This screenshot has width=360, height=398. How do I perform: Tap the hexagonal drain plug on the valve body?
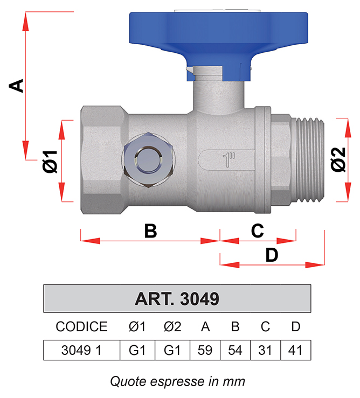coord(149,160)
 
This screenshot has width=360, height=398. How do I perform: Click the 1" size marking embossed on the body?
coord(229,160)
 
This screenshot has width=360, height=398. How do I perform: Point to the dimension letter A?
coord(16,86)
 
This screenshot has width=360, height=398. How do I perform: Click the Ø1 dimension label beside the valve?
coord(50,162)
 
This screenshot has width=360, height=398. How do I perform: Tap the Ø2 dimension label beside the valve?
coord(338,159)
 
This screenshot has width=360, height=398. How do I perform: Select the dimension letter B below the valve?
coord(150,231)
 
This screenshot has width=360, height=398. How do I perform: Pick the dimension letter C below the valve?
coord(258,231)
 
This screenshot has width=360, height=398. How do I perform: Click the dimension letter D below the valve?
coord(272,255)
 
